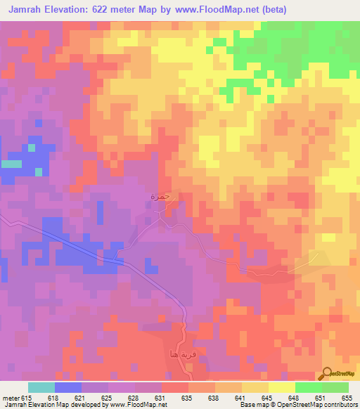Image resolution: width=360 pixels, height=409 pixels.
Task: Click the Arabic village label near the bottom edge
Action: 178,355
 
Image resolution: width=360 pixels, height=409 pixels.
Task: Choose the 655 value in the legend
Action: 347,398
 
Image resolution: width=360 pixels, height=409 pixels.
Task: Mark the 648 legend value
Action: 294,398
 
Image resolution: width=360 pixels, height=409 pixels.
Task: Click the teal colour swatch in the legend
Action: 41,387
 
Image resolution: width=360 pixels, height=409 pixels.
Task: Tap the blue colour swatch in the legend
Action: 68,387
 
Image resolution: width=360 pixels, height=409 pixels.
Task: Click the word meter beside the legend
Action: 11,398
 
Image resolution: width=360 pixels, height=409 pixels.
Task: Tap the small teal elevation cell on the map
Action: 11,164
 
